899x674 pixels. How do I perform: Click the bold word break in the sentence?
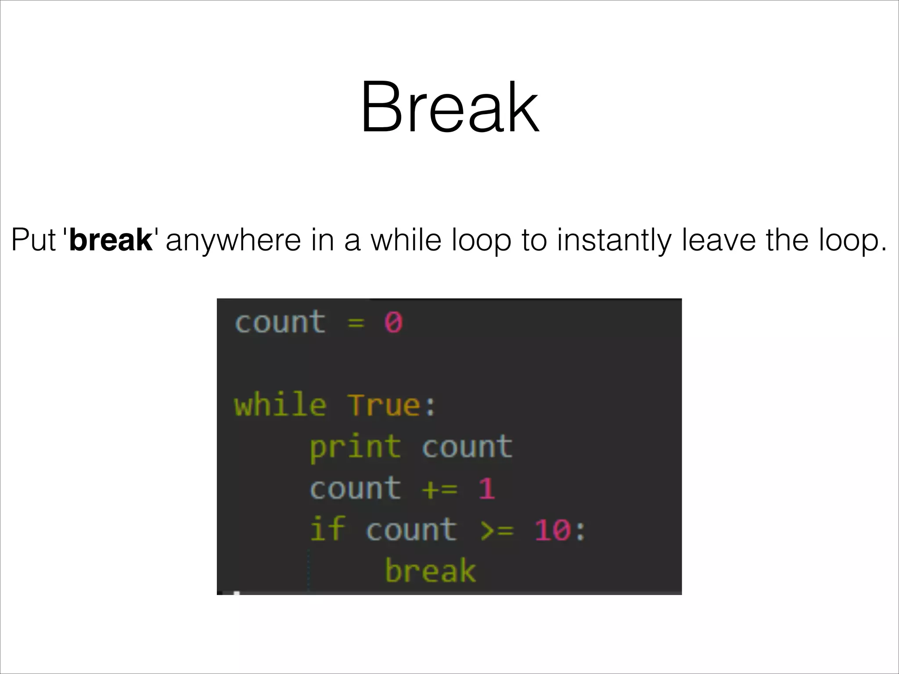[x=111, y=240]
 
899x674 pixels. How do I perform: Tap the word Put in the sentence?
[x=33, y=240]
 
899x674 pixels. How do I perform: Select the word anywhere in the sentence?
[x=233, y=240]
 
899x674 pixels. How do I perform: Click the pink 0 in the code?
[x=393, y=323]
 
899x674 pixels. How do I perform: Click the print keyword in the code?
[x=355, y=447]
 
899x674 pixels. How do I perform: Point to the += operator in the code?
[x=439, y=488]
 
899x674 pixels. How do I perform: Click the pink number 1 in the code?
[x=486, y=488]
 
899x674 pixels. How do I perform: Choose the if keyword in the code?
[x=327, y=529]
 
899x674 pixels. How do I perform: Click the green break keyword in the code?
[x=430, y=570]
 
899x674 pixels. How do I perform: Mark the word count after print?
[x=467, y=447]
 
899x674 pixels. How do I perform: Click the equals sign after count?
[x=356, y=323]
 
